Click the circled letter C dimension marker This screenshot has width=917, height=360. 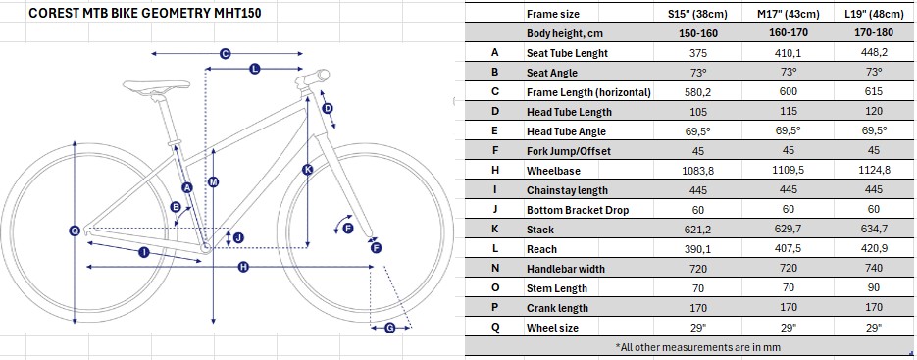click(226, 54)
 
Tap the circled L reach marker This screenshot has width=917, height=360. click(254, 69)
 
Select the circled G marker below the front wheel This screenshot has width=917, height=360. click(390, 329)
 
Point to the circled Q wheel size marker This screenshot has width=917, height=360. click(75, 231)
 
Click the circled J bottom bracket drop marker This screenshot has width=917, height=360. click(238, 237)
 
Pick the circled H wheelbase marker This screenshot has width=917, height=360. click(244, 267)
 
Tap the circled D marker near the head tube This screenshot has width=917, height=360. click(328, 108)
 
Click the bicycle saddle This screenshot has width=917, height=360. click(156, 86)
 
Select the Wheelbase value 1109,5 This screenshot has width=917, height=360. click(789, 171)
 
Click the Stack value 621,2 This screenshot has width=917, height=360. click(698, 230)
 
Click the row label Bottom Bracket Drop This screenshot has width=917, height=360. click(578, 210)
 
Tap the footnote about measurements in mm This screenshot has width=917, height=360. click(690, 346)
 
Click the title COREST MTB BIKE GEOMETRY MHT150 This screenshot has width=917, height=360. click(145, 14)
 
